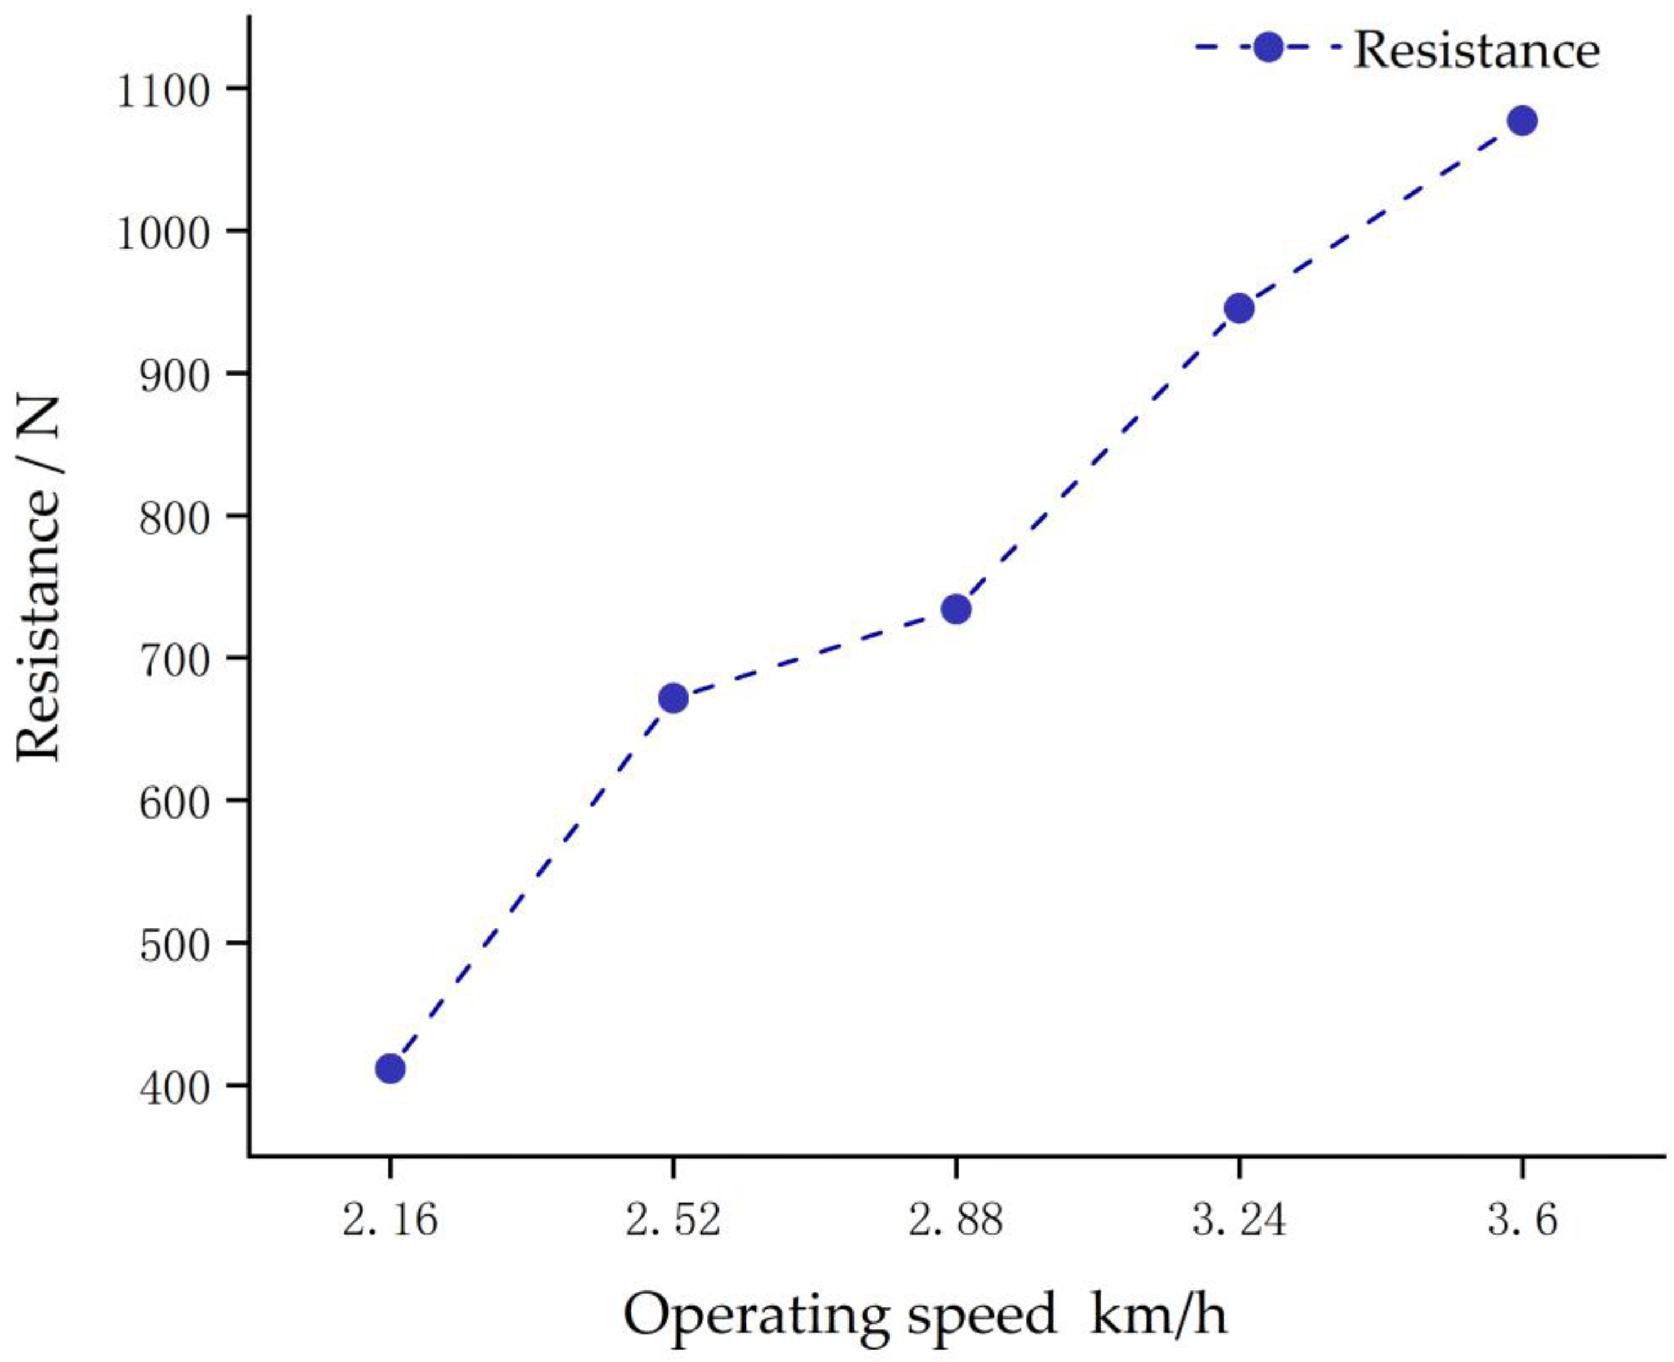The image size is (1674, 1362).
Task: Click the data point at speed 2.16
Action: [390, 1069]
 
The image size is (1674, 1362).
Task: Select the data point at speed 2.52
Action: [673, 698]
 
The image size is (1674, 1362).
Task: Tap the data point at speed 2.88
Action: [956, 609]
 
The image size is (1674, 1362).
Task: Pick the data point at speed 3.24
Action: [1239, 309]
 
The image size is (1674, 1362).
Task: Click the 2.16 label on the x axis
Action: [390, 1221]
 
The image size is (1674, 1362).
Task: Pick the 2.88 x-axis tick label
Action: [956, 1221]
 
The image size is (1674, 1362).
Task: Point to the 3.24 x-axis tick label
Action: [1239, 1221]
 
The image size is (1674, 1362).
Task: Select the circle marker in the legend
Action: [1268, 47]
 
